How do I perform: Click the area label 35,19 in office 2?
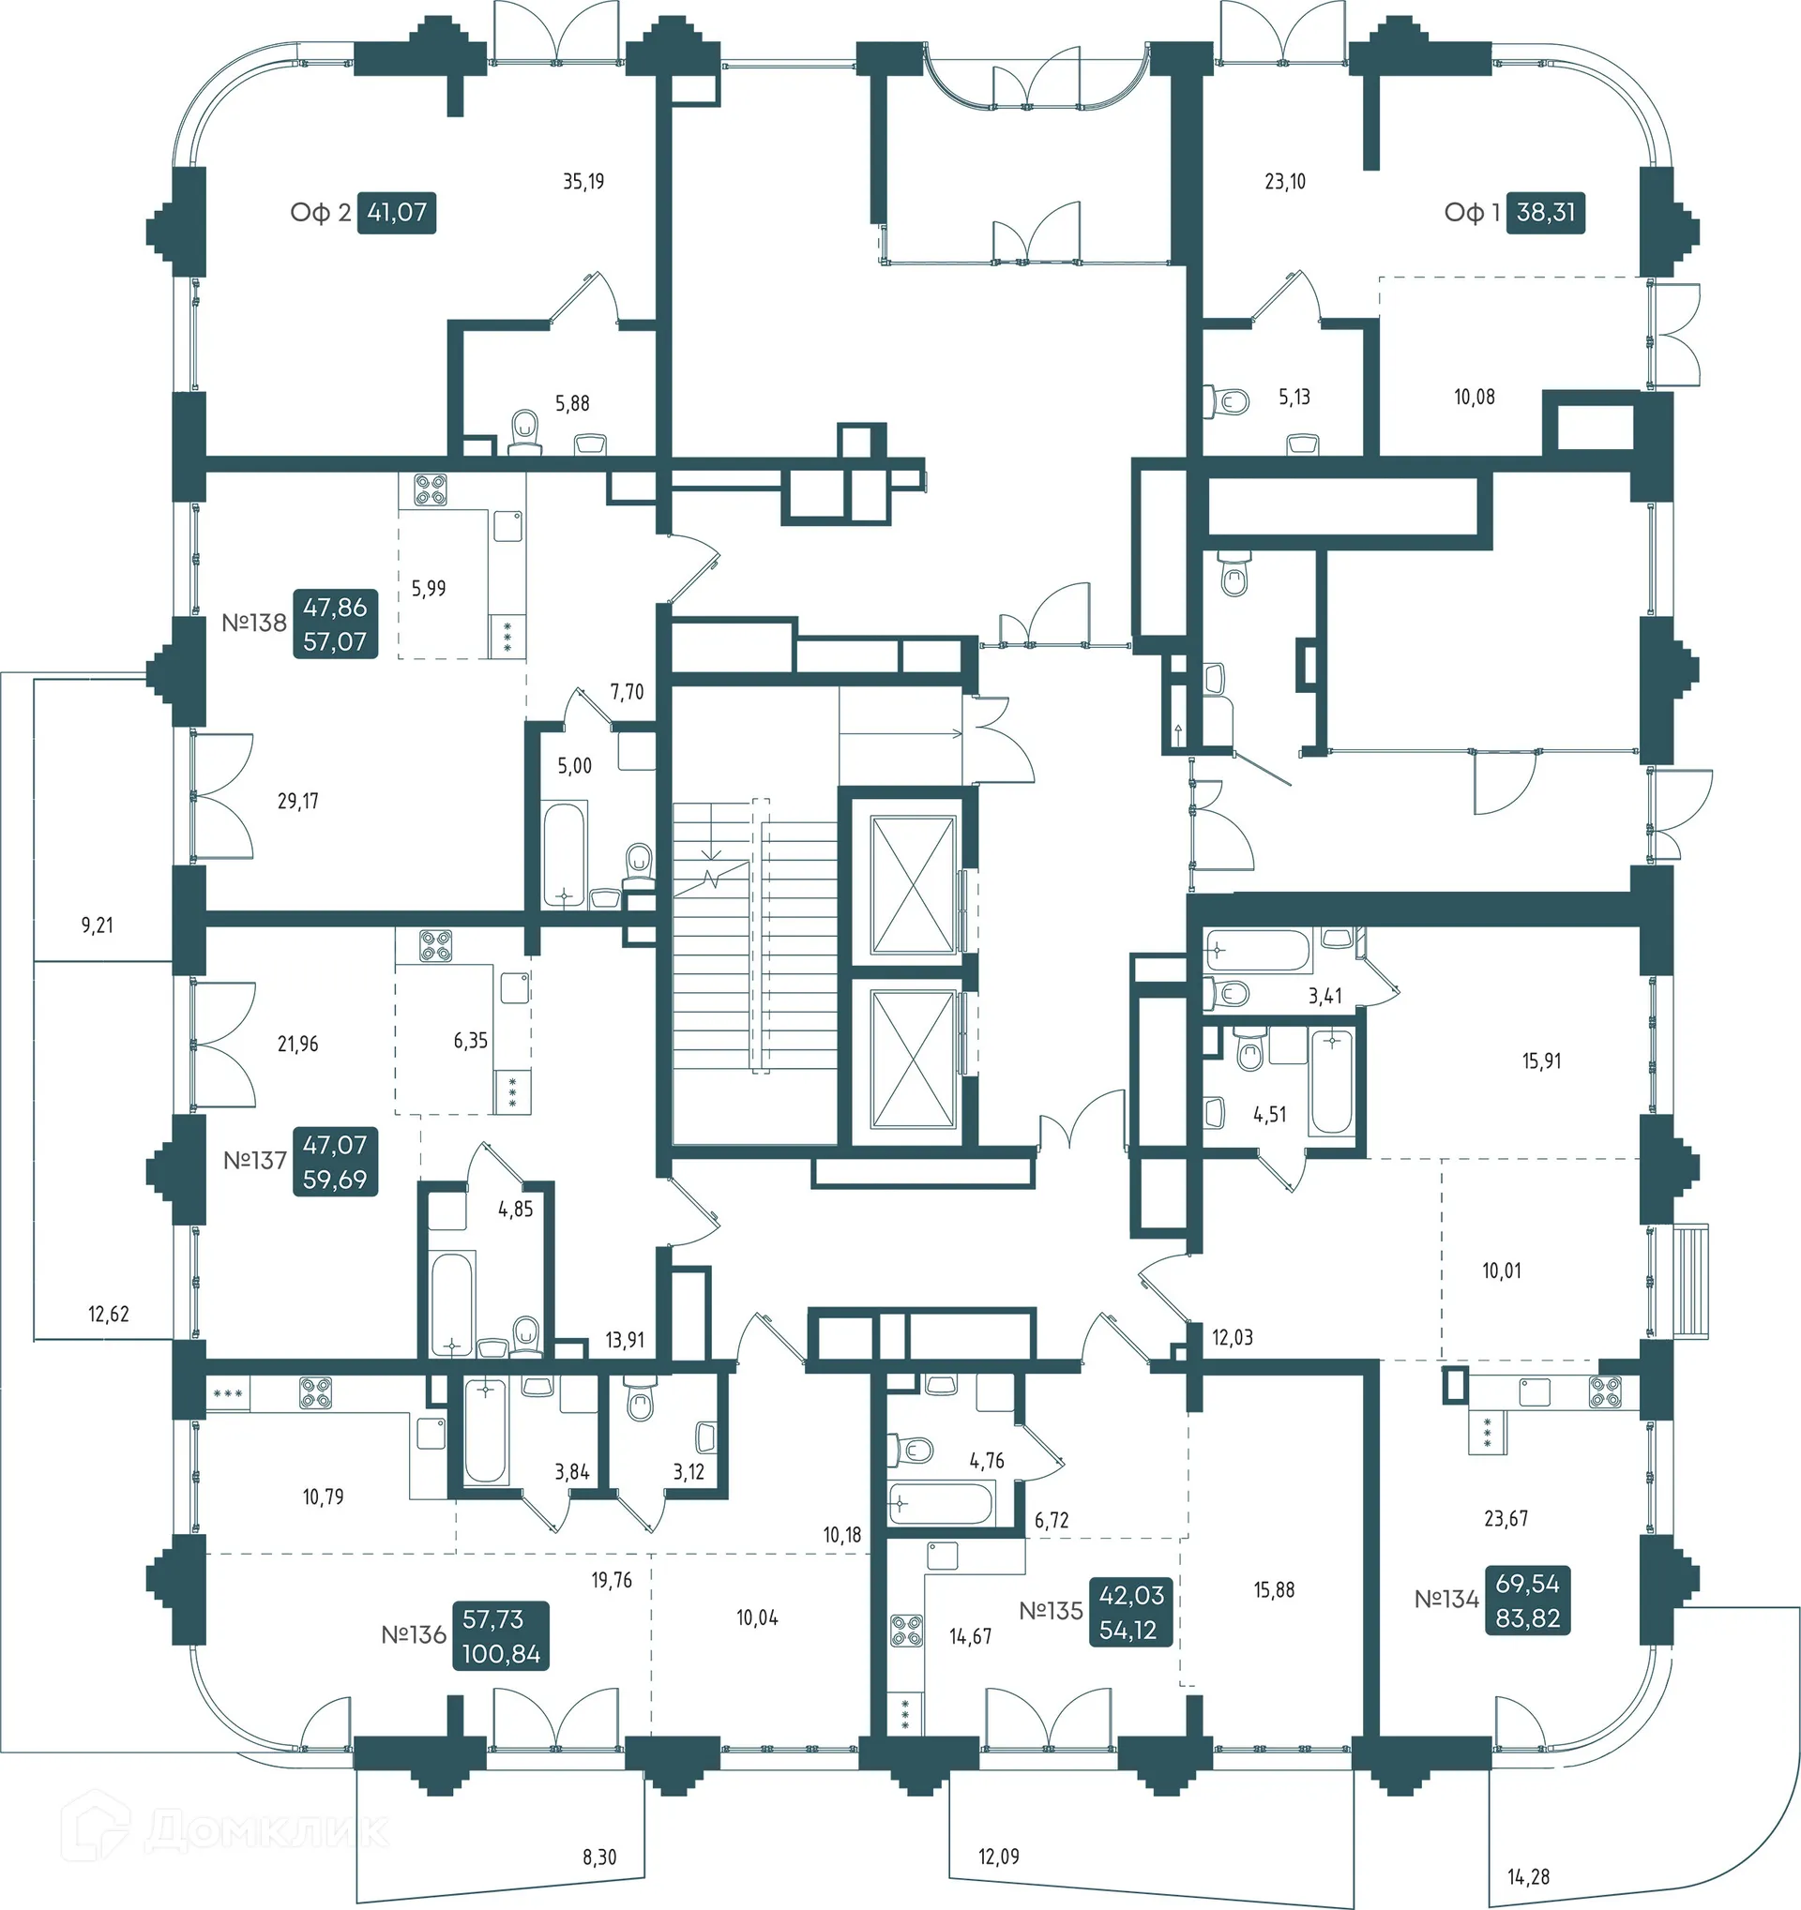pyautogui.click(x=583, y=181)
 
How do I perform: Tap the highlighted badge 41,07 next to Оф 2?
pyautogui.click(x=396, y=212)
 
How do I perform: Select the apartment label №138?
pyautogui.click(x=253, y=623)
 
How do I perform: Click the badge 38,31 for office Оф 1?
pyautogui.click(x=1545, y=212)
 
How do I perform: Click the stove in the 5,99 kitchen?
pyautogui.click(x=430, y=490)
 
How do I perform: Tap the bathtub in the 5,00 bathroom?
pyautogui.click(x=563, y=853)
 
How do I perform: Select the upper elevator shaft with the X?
pyautogui.click(x=912, y=884)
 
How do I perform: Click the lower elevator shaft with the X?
pyautogui.click(x=912, y=1058)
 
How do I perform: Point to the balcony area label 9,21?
pyautogui.click(x=97, y=925)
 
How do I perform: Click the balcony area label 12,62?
pyautogui.click(x=109, y=1315)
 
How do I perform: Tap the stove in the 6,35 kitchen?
pyautogui.click(x=435, y=945)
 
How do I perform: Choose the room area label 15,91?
pyautogui.click(x=1541, y=1061)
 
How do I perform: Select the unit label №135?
pyautogui.click(x=1050, y=1611)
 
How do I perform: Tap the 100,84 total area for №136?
pyautogui.click(x=501, y=1654)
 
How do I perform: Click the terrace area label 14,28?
pyautogui.click(x=1528, y=1876)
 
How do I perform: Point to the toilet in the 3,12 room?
pyautogui.click(x=640, y=1405)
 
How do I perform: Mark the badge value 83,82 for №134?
pyautogui.click(x=1527, y=1619)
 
